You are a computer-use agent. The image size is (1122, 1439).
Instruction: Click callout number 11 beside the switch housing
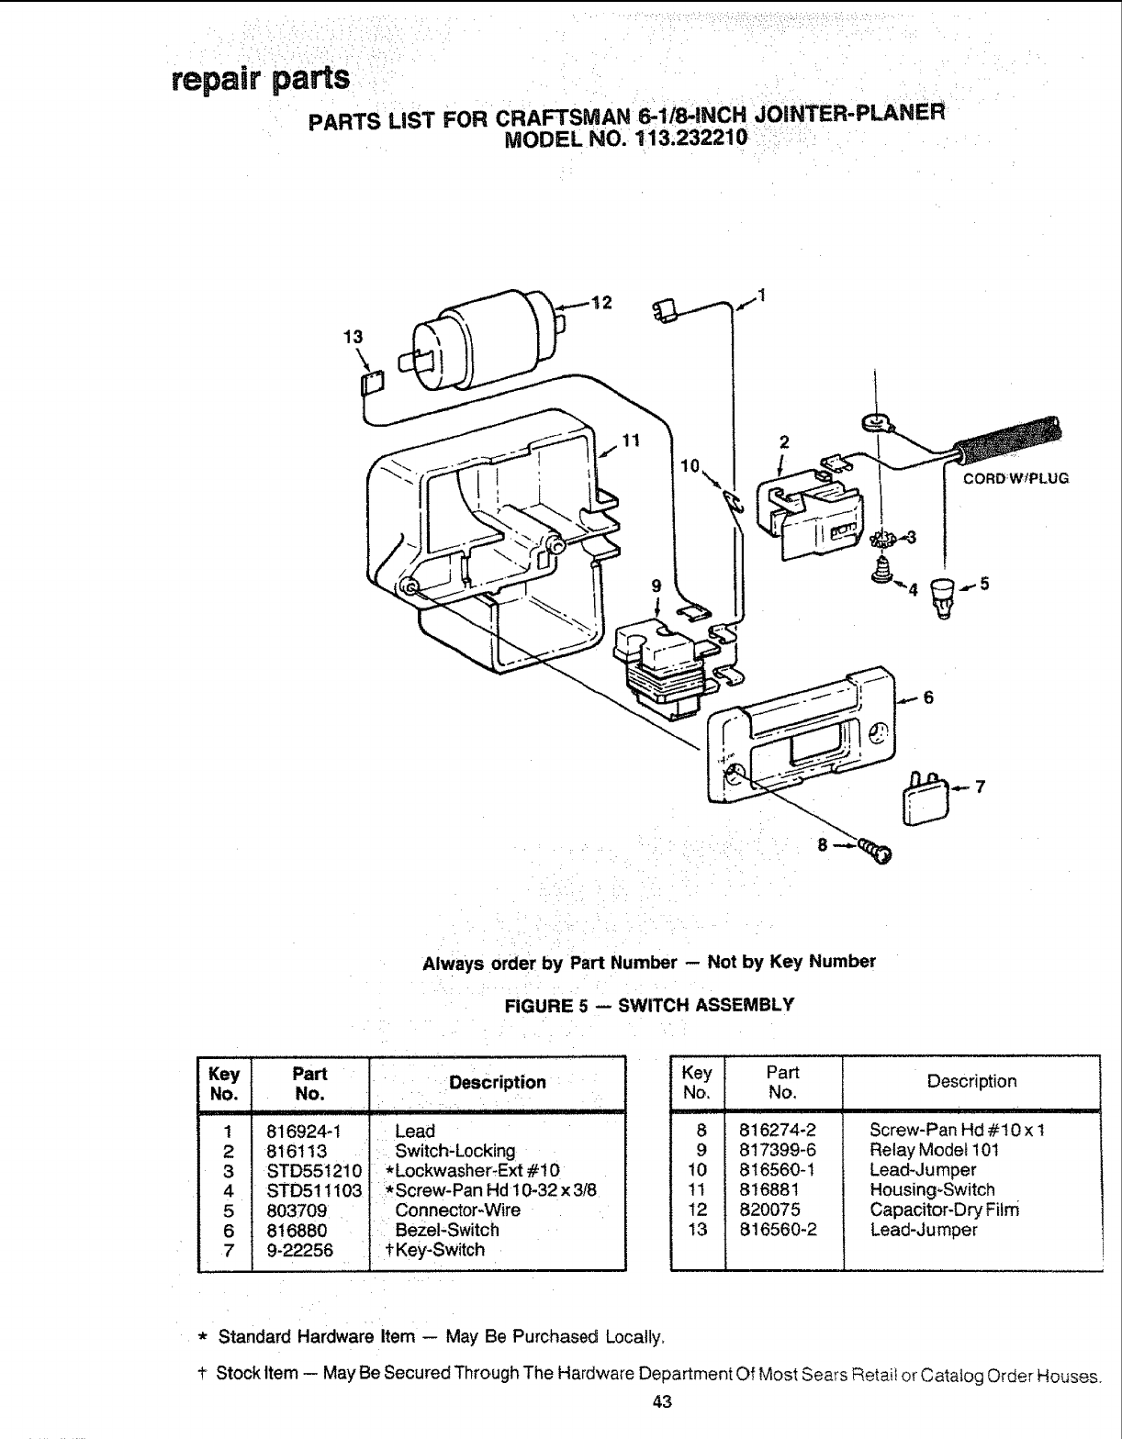coord(629,440)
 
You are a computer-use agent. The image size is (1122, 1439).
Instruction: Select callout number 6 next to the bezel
coord(928,697)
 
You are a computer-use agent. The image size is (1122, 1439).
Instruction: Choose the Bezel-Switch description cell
coord(446,1230)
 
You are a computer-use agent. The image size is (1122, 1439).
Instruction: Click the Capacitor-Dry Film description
coord(944,1210)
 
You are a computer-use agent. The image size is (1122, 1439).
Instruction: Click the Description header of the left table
coord(497,1083)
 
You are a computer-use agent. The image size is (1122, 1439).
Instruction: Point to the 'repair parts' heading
coord(261,79)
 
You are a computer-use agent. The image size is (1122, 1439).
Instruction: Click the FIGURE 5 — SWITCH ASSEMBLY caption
coord(649,1004)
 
